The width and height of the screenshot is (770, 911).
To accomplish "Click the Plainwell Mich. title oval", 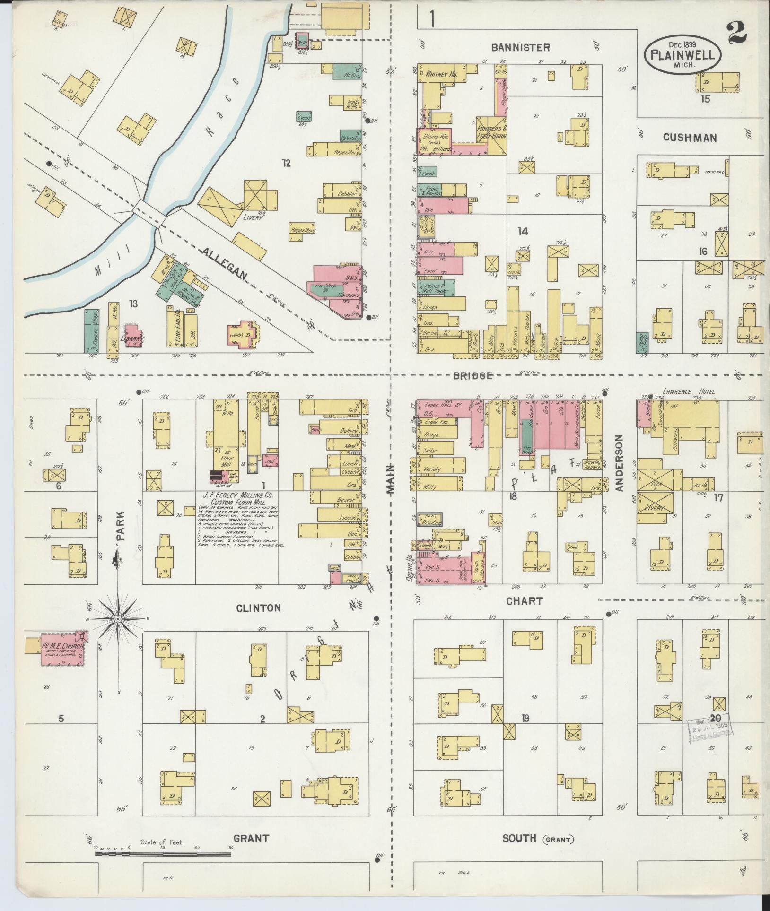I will click(682, 55).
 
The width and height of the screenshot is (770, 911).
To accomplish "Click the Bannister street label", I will click(520, 47).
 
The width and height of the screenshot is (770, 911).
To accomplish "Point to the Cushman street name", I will click(690, 138).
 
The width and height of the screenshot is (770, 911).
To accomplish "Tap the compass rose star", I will click(118, 619).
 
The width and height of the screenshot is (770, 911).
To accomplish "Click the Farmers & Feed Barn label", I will click(491, 132).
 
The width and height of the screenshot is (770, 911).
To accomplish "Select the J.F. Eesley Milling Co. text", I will click(238, 495).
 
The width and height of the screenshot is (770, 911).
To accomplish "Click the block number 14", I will click(522, 231).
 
